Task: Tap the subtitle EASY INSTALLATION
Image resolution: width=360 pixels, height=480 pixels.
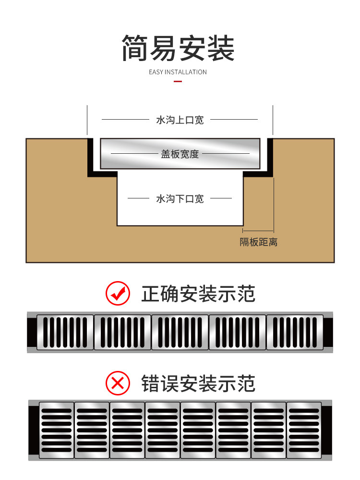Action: click(178, 72)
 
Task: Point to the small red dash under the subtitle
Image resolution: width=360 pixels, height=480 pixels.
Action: click(178, 81)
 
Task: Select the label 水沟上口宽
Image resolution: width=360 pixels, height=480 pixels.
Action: click(180, 120)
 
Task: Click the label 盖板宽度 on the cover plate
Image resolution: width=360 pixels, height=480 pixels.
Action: click(180, 154)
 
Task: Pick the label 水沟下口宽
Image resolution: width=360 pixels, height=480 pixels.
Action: click(180, 198)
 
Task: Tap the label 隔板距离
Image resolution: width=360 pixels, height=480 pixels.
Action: click(258, 242)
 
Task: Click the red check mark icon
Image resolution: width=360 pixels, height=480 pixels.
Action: click(118, 294)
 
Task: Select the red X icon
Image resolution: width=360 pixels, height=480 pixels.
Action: click(118, 383)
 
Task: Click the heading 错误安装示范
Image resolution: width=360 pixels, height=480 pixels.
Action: click(198, 383)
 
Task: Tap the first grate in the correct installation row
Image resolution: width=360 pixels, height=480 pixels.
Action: click(65, 332)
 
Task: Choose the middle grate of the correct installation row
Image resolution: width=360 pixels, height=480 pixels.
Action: click(180, 332)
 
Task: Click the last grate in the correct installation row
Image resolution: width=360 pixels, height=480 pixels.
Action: click(295, 332)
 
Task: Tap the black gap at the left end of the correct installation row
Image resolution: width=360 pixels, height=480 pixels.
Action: click(32, 332)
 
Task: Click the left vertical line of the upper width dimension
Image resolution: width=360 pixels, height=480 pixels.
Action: click(87, 120)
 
